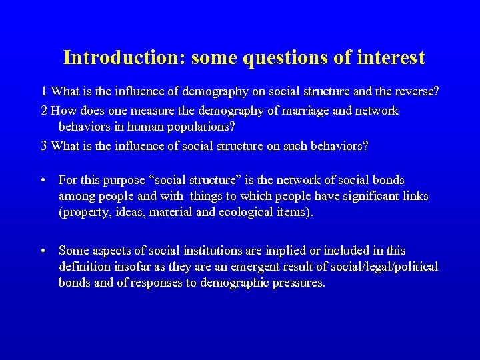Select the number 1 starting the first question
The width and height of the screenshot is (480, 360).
pyautogui.click(x=44, y=91)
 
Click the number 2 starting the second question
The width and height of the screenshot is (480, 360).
pyautogui.click(x=44, y=111)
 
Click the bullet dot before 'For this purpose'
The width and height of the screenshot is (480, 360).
pyautogui.click(x=43, y=181)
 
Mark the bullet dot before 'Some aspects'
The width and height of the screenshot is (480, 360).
pyautogui.click(x=43, y=251)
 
